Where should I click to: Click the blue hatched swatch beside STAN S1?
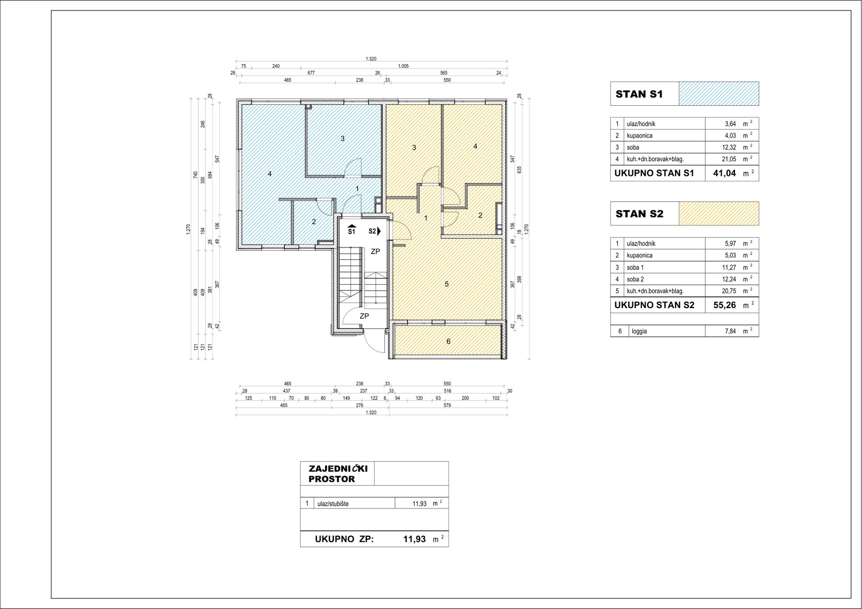click(x=719, y=94)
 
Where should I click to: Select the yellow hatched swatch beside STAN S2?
click(x=719, y=213)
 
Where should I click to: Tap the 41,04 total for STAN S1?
click(x=725, y=173)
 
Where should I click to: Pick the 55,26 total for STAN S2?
click(x=725, y=305)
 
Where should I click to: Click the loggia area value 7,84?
click(x=730, y=331)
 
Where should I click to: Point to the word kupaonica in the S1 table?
click(x=639, y=136)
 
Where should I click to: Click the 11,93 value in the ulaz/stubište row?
click(x=420, y=504)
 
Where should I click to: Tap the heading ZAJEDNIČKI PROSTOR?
click(x=338, y=474)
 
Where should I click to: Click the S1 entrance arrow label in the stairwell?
click(x=352, y=230)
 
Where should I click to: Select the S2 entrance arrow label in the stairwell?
click(x=374, y=231)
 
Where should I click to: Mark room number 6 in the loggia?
click(x=448, y=341)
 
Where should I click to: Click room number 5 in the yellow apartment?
click(x=446, y=284)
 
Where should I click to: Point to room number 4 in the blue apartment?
click(x=270, y=174)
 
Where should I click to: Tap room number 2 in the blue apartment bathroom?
click(x=314, y=221)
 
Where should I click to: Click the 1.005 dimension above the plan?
click(x=403, y=66)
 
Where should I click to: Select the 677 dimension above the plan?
click(x=311, y=73)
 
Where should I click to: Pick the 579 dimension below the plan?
click(x=447, y=405)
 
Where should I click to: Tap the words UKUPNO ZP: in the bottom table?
click(x=344, y=539)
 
